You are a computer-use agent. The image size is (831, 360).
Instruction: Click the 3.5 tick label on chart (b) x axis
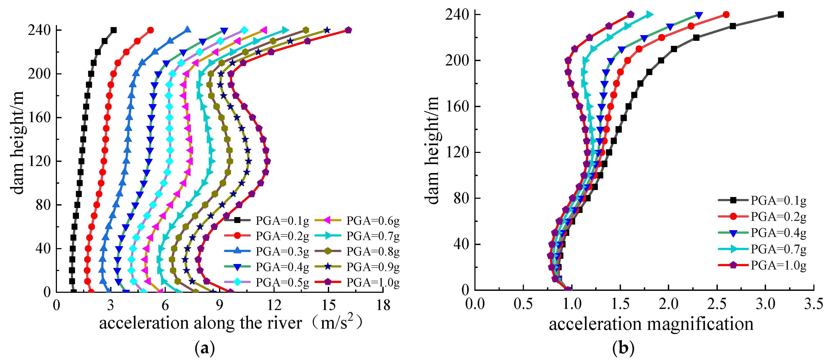tap(813, 304)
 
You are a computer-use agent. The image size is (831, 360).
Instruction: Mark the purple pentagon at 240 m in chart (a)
tap(348, 30)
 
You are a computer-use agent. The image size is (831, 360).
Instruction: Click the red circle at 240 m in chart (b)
tap(726, 15)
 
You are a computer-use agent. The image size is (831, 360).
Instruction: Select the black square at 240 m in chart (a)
tap(114, 30)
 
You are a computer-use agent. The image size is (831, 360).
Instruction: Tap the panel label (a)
tap(205, 348)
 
